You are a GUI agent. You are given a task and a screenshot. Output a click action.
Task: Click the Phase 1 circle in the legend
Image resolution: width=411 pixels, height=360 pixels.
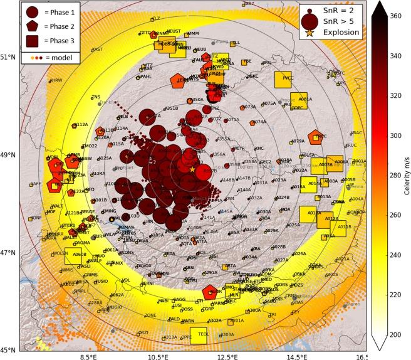point(31,11)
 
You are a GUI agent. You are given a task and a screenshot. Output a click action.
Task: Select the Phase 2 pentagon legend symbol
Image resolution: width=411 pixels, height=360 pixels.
point(31,26)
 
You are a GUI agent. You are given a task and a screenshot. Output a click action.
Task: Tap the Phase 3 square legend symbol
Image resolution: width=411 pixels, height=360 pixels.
point(31,41)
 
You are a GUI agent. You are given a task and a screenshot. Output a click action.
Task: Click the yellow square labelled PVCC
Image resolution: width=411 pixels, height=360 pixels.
point(283,80)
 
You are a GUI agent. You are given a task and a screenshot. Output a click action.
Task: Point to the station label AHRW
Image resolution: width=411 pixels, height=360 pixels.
point(56,80)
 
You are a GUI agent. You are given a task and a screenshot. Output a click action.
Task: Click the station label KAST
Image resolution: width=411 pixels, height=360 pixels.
point(97,50)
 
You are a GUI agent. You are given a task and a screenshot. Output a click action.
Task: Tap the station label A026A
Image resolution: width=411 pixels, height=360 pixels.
point(300,254)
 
